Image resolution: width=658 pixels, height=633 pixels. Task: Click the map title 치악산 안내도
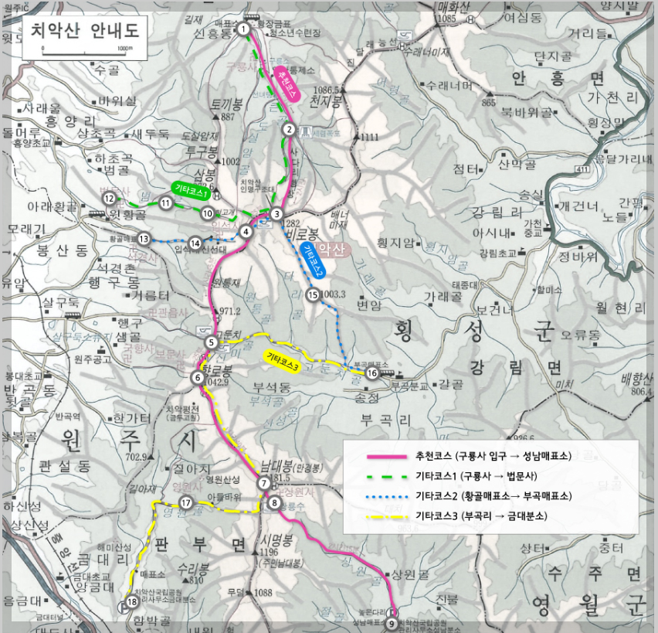(85, 32)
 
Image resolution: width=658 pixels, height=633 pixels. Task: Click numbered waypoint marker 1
(244, 29)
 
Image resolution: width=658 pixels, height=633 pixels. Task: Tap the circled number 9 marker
(392, 622)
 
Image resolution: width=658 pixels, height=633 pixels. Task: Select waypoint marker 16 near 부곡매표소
(372, 373)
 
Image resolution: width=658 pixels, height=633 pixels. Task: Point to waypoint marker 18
(131, 604)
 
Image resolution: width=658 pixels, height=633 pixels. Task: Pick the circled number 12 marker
(110, 198)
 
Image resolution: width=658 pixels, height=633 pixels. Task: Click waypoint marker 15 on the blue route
(313, 294)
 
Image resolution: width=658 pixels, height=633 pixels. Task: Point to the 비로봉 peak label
(301, 233)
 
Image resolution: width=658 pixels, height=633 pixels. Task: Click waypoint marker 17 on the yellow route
(185, 502)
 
